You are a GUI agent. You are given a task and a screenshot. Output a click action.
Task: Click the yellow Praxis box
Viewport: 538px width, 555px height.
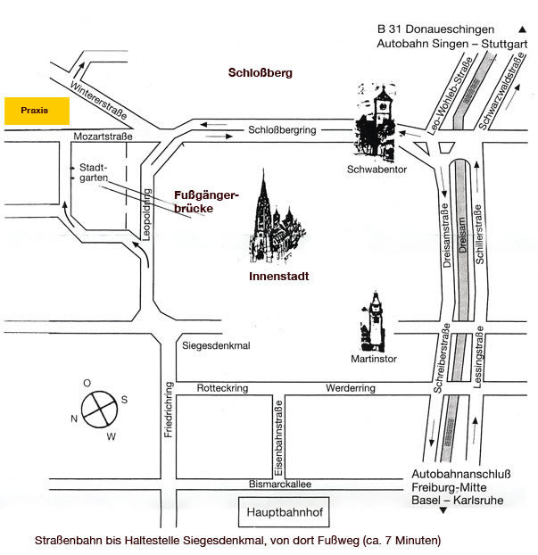37,112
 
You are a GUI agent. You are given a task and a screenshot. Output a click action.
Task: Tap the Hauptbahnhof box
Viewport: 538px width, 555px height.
284,512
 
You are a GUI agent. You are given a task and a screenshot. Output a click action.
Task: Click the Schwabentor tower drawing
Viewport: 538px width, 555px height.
377,120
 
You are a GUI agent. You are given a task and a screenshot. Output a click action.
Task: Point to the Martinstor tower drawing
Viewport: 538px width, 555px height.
373,322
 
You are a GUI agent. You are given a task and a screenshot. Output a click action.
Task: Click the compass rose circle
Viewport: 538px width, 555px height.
99,410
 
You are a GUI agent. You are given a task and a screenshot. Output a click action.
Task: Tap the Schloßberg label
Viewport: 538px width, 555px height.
261,72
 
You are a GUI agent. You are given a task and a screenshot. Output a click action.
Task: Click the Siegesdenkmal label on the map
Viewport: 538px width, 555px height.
216,345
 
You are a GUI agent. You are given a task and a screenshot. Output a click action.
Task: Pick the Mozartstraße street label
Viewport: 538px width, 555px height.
103,137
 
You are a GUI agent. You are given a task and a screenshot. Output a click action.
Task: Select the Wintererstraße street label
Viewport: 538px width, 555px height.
98,100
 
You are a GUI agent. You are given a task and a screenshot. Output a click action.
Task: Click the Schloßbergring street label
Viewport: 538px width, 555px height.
282,130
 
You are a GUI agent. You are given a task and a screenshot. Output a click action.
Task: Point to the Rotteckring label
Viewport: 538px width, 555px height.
222,388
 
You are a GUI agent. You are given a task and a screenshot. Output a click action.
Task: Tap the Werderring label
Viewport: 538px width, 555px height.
351,388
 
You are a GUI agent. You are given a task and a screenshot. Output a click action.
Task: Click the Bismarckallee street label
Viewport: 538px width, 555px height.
280,484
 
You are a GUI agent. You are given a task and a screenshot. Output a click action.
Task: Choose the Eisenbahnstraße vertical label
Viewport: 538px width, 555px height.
278,438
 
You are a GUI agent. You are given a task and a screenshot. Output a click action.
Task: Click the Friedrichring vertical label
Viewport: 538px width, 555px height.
169,410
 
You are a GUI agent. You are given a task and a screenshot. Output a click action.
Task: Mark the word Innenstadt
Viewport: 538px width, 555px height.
279,276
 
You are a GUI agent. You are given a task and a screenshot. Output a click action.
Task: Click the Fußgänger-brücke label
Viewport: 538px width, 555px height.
207,202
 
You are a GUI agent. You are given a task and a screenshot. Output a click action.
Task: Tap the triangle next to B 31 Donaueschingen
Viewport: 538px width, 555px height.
523,29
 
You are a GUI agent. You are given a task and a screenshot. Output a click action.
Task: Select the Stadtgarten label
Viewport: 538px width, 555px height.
94,172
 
